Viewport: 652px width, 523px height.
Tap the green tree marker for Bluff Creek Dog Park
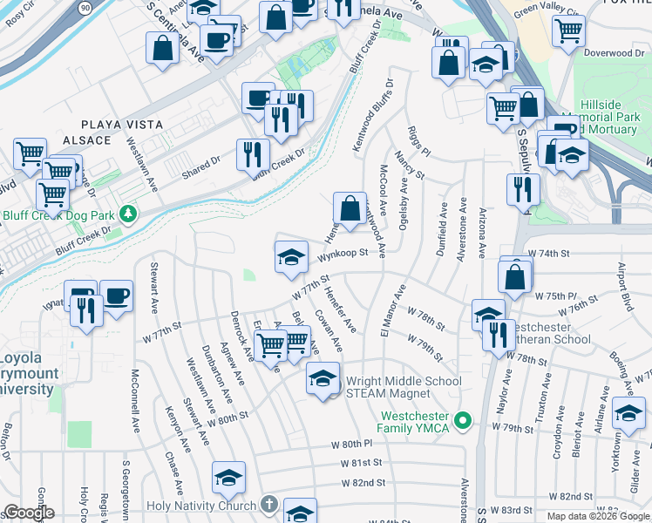(128, 213)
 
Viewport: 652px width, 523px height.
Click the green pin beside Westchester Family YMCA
(465, 422)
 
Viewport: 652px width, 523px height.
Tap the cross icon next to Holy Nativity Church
(269, 505)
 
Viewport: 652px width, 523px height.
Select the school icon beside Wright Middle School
(322, 378)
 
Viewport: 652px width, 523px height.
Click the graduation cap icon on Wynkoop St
(291, 256)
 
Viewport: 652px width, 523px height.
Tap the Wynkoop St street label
(339, 255)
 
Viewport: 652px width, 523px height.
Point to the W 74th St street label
(548, 253)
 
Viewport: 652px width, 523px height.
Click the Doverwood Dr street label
(613, 53)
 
